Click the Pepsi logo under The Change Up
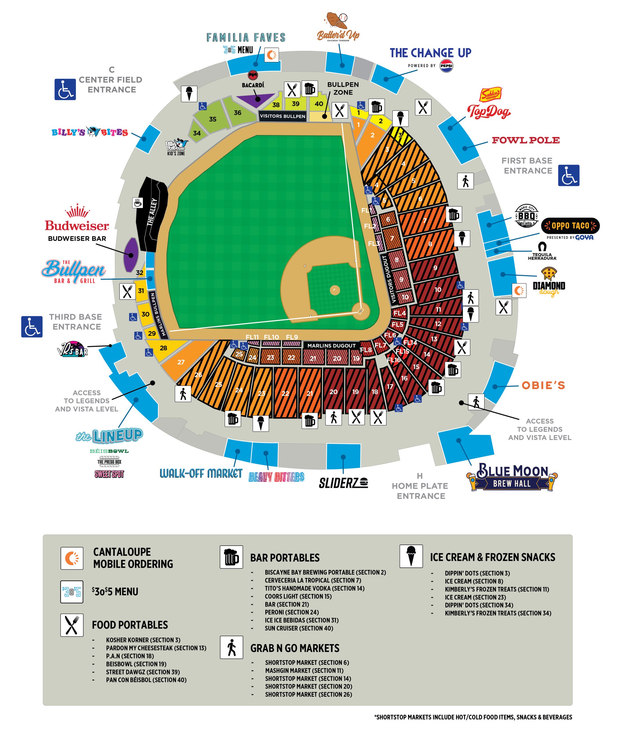pyautogui.click(x=446, y=66)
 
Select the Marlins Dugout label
pyautogui.click(x=331, y=346)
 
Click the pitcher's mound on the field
pyautogui.click(x=334, y=290)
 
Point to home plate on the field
pyautogui.click(x=360, y=311)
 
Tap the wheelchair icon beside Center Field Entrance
pyautogui.click(x=65, y=89)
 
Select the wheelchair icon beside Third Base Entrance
pyautogui.click(x=32, y=327)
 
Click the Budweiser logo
pyautogui.click(x=77, y=219)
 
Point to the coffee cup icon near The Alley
pyautogui.click(x=137, y=203)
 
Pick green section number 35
pyautogui.click(x=212, y=119)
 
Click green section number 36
pyautogui.click(x=238, y=112)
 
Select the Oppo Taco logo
pyautogui.click(x=570, y=226)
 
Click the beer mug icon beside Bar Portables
pyautogui.click(x=231, y=557)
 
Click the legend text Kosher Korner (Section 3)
pyautogui.click(x=143, y=640)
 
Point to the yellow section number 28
pyautogui.click(x=163, y=348)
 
